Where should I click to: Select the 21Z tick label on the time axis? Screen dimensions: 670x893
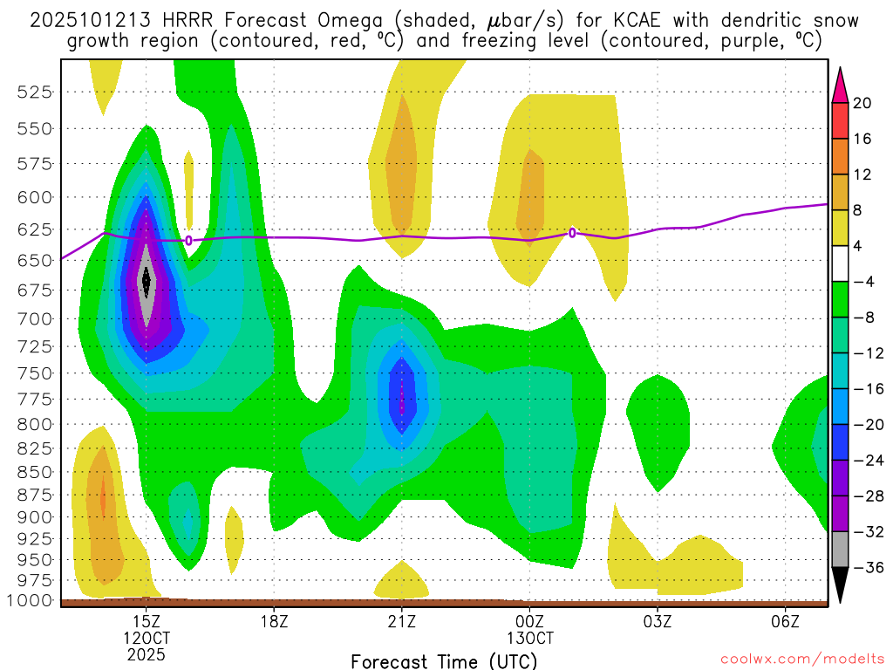[401, 621]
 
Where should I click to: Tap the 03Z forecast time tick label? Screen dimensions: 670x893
[658, 621]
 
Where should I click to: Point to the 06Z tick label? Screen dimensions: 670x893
[786, 621]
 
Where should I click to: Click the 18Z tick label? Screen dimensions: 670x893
[274, 621]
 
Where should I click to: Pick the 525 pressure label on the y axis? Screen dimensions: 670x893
[36, 92]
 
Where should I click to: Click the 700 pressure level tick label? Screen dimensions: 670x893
[36, 318]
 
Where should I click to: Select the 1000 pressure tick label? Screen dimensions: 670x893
[31, 600]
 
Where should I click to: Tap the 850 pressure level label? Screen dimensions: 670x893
[36, 472]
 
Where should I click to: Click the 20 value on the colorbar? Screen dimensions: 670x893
[862, 103]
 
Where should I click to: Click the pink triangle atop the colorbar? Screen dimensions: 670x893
[840, 83]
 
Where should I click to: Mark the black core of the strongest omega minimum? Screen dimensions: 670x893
[147, 280]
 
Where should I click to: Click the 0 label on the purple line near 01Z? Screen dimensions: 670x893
[572, 233]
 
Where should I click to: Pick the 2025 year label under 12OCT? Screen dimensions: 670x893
[147, 653]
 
